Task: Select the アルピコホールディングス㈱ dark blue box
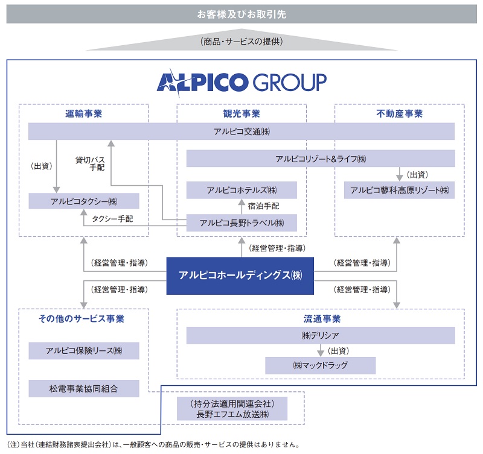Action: pyautogui.click(x=240, y=276)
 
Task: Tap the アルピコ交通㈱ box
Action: pyautogui.click(x=241, y=131)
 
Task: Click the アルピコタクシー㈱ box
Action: pyautogui.click(x=84, y=201)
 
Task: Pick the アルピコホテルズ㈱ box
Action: pyautogui.click(x=241, y=191)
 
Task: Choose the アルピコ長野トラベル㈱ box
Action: pyautogui.click(x=241, y=223)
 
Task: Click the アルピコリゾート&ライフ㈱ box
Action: pyautogui.click(x=321, y=159)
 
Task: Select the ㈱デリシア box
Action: pyautogui.click(x=321, y=335)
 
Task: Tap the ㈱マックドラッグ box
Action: pyautogui.click(x=321, y=365)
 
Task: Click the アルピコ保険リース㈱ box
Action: pyautogui.click(x=84, y=350)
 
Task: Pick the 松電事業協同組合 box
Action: pyautogui.click(x=84, y=388)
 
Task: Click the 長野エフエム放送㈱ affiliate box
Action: pyautogui.click(x=232, y=409)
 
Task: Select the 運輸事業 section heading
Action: pyautogui.click(x=84, y=113)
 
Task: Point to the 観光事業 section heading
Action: pyautogui.click(x=241, y=113)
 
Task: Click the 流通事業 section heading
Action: pyautogui.click(x=321, y=318)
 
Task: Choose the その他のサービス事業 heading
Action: pyautogui.click(x=84, y=318)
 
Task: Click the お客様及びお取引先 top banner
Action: pyautogui.click(x=241, y=14)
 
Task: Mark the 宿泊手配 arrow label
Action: pyautogui.click(x=263, y=206)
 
